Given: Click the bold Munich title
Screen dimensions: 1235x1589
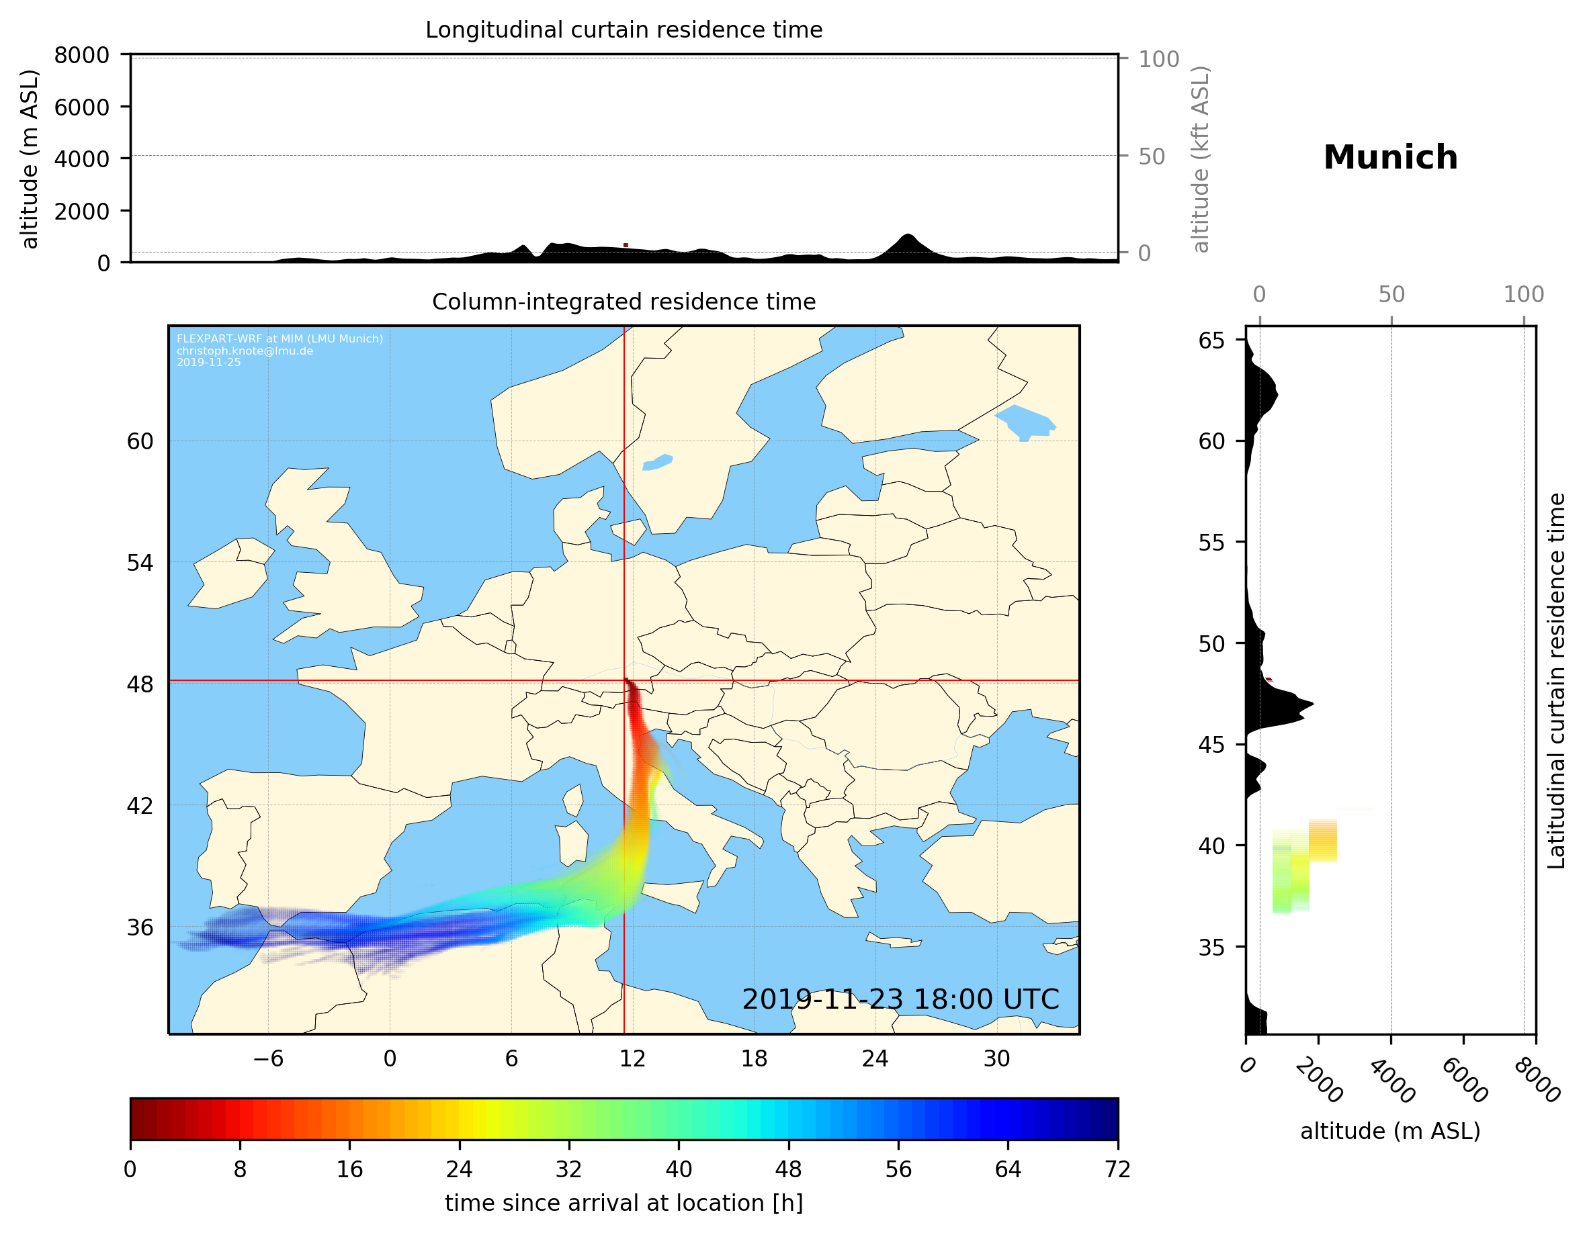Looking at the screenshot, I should tap(1390, 157).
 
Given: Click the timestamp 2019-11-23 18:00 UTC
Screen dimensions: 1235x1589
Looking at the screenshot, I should tap(900, 999).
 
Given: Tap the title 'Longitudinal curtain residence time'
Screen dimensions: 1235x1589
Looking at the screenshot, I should tap(624, 30).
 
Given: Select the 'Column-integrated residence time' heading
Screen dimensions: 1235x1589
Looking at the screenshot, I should tap(624, 302).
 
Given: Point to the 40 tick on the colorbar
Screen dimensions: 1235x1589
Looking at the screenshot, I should tap(679, 1170).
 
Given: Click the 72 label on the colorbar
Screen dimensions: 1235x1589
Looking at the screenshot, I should tap(1117, 1170).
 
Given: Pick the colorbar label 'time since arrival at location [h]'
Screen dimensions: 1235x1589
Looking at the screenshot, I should tap(624, 1203).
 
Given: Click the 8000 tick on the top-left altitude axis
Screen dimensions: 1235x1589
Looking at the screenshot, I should tap(81, 55).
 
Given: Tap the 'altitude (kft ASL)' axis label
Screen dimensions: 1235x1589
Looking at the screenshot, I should tap(1201, 159).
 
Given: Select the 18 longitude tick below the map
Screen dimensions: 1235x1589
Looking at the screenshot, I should tap(754, 1059).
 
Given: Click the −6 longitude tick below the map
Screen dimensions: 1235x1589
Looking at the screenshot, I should tap(267, 1059).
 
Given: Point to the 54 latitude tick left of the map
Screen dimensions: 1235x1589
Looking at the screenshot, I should tap(140, 563).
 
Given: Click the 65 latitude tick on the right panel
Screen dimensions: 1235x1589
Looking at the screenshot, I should tap(1211, 340).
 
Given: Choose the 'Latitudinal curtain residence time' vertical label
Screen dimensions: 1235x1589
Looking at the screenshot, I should tap(1555, 680).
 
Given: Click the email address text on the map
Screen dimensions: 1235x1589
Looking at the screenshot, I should tap(245, 351).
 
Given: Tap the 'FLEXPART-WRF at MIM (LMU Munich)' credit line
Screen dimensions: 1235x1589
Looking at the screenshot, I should tap(280, 339).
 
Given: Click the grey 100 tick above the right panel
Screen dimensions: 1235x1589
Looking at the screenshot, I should tap(1524, 295).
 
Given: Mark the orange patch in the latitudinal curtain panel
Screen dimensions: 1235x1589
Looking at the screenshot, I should tap(1323, 840).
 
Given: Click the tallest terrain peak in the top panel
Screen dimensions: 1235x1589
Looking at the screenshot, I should tap(906, 237).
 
